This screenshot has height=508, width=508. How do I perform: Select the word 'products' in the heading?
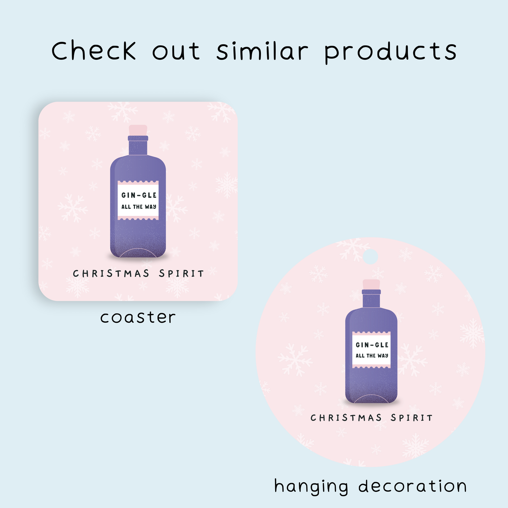coord(391,52)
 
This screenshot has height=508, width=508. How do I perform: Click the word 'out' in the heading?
coord(176,51)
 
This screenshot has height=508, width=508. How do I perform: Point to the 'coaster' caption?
coord(138,317)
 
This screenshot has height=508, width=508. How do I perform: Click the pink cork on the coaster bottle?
coord(138,130)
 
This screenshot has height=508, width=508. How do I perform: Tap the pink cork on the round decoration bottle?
coord(371,284)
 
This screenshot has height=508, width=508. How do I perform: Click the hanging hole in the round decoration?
coord(370,257)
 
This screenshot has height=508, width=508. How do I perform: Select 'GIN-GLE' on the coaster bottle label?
coord(139,195)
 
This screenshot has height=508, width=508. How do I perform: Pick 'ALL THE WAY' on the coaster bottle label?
coord(139,207)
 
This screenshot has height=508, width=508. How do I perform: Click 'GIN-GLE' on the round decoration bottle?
coord(372,345)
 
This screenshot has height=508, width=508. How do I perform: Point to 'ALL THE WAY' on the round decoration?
coord(372,356)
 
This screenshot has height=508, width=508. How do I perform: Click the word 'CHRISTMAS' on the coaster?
coord(111,274)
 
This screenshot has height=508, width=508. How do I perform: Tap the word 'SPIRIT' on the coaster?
coord(181,274)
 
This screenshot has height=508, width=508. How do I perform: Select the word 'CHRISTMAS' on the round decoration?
coord(346,418)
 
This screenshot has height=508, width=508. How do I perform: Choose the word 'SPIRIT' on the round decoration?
coord(412,418)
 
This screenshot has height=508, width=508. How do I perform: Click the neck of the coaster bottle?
coord(138,148)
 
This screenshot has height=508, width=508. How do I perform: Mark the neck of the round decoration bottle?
coord(371,301)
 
